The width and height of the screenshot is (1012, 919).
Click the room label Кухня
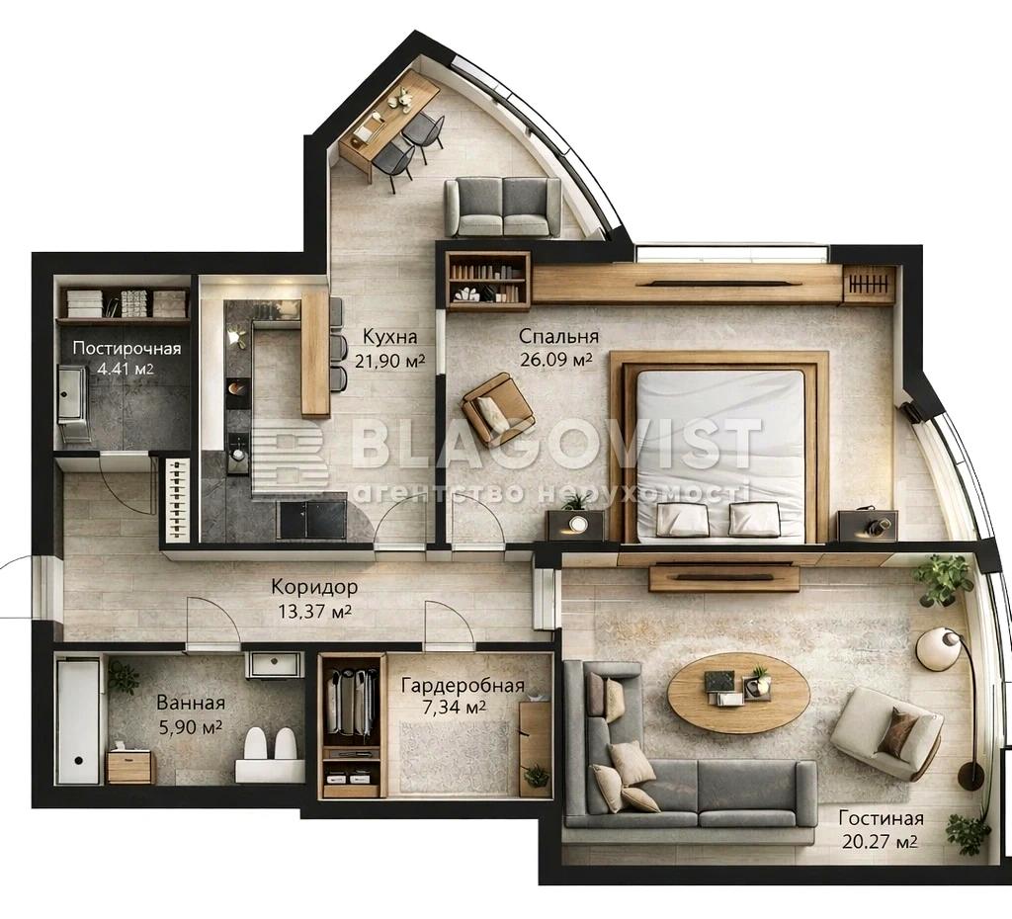(x=389, y=336)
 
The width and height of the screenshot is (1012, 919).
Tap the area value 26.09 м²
(x=555, y=359)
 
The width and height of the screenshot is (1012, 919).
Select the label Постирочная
(x=127, y=349)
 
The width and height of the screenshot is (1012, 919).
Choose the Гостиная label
(x=881, y=818)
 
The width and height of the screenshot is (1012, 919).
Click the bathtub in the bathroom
(x=77, y=719)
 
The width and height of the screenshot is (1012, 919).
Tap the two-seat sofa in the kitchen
(x=503, y=208)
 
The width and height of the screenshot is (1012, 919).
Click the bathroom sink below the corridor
(x=275, y=665)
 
